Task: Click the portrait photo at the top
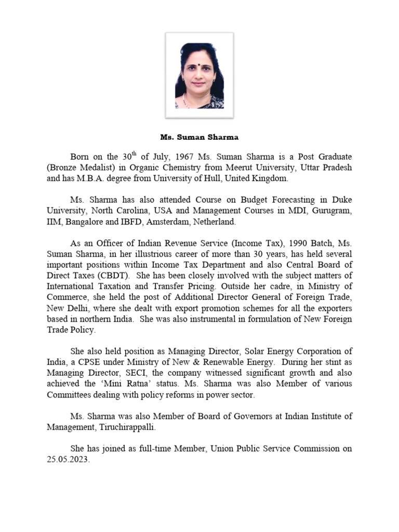199,75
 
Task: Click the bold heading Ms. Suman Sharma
199,138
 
